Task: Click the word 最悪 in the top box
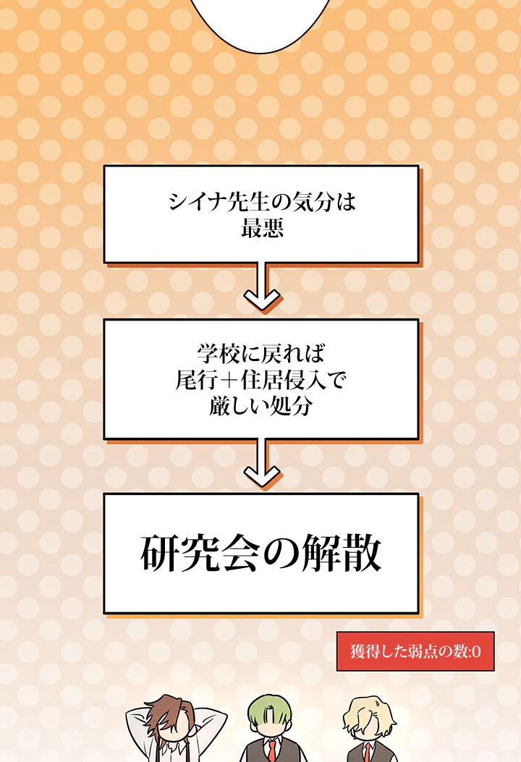tap(260, 230)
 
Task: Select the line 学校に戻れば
tap(261, 354)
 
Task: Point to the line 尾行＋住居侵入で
tap(261, 379)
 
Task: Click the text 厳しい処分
tap(261, 405)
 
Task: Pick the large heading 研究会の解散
tap(260, 554)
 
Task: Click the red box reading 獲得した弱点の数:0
tap(415, 651)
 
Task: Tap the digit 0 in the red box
tap(477, 651)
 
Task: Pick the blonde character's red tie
tap(368, 752)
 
